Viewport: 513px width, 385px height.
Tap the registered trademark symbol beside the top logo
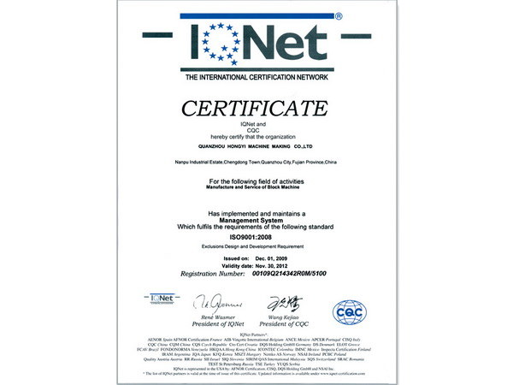(338, 16)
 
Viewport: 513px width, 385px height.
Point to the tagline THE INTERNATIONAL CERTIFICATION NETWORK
(256, 79)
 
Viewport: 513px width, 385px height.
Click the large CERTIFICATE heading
(256, 108)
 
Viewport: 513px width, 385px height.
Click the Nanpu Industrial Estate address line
(256, 160)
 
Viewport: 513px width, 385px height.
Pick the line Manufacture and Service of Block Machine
(256, 187)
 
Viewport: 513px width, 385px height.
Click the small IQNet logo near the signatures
(160, 298)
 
